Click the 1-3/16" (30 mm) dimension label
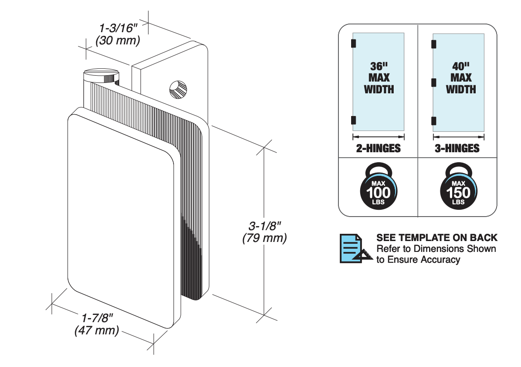pyautogui.click(x=117, y=34)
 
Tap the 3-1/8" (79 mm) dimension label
pyautogui.click(x=265, y=232)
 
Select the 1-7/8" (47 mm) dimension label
pyautogui.click(x=97, y=324)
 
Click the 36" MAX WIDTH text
pyautogui.click(x=379, y=77)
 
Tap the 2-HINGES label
pyautogui.click(x=378, y=148)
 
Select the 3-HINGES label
pyautogui.click(x=457, y=148)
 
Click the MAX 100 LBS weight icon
pyautogui.click(x=378, y=188)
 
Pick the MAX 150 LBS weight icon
pyautogui.click(x=458, y=188)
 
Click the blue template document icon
pyautogui.click(x=355, y=248)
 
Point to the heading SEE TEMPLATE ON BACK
pyautogui.click(x=437, y=237)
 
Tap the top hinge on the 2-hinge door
pyautogui.click(x=353, y=43)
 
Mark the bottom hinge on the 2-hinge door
pyautogui.click(x=353, y=120)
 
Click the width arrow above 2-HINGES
pyautogui.click(x=378, y=136)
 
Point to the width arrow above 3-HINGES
pyautogui.click(x=458, y=136)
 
